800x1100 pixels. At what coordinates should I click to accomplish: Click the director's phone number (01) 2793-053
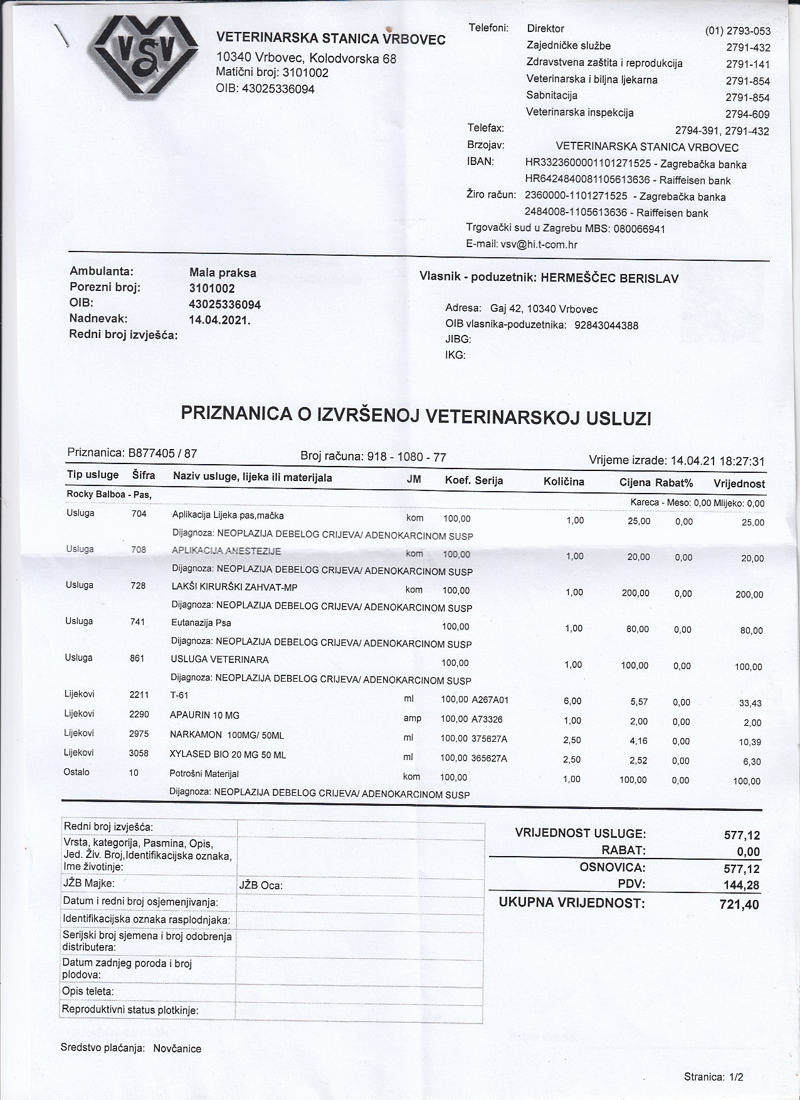pyautogui.click(x=737, y=31)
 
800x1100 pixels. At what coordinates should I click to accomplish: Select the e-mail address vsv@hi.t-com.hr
pyautogui.click(x=539, y=245)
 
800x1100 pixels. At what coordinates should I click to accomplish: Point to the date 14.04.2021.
pyautogui.click(x=219, y=320)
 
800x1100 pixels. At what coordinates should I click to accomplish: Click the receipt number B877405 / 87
pyautogui.click(x=162, y=453)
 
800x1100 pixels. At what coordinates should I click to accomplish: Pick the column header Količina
pyautogui.click(x=564, y=482)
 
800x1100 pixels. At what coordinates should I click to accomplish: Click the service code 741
pyautogui.click(x=138, y=621)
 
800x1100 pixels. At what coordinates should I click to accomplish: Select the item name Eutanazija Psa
pyautogui.click(x=201, y=623)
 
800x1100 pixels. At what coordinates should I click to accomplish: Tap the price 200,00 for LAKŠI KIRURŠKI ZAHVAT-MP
pyautogui.click(x=635, y=593)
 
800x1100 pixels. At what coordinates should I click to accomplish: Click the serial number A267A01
pyautogui.click(x=490, y=700)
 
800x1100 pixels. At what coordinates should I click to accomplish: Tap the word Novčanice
pyautogui.click(x=177, y=1048)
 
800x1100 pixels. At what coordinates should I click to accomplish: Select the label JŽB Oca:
pyautogui.click(x=261, y=886)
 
